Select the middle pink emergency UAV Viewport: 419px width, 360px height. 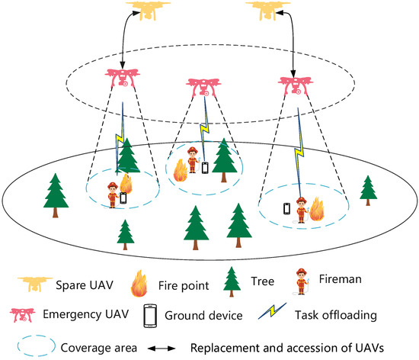205,85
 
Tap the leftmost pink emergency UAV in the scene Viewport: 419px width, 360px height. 123,79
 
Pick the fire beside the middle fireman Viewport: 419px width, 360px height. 181,169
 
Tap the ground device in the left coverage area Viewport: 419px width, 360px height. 123,198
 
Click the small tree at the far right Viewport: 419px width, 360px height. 368,188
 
